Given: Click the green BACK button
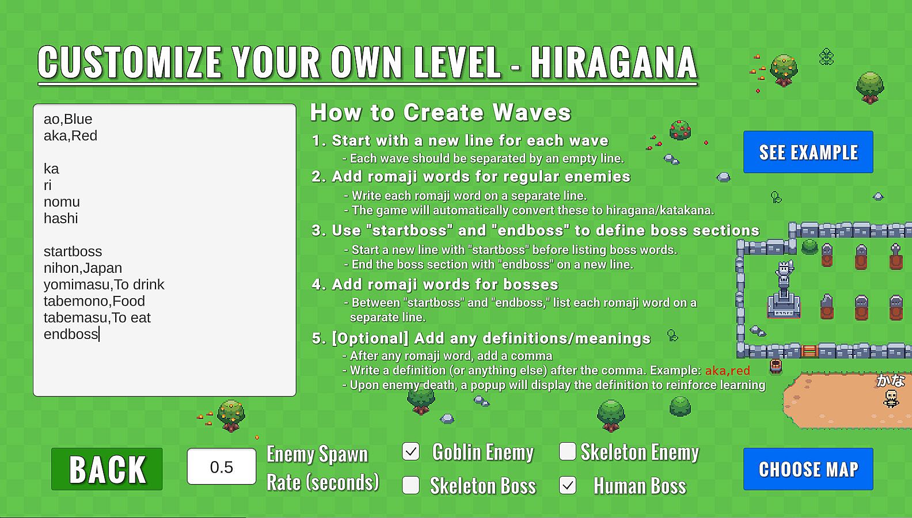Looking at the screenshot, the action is (107, 469).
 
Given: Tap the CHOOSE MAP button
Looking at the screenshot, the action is (808, 469).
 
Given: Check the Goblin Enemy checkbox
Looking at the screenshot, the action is (411, 452).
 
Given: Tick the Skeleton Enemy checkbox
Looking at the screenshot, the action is (568, 451).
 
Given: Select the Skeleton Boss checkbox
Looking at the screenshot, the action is (411, 485).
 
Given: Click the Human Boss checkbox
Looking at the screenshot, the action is (568, 485).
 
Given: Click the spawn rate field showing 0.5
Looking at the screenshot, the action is (222, 466).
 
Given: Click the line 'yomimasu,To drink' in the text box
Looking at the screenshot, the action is (104, 284).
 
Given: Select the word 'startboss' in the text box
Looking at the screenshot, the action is (73, 252).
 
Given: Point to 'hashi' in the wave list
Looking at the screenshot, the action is (60, 219).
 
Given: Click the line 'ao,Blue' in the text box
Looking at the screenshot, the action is (68, 119).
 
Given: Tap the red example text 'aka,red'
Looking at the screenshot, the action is (728, 371).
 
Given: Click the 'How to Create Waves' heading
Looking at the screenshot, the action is (440, 112).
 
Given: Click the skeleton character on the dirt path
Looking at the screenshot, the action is (891, 398).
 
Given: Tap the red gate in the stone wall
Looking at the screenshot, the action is (810, 351).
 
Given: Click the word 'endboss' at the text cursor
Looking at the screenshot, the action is (71, 334).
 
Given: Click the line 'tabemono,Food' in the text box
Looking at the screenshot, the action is (94, 301).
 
